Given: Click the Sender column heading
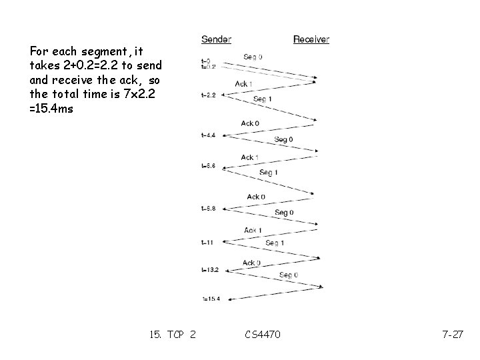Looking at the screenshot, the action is pyautogui.click(x=216, y=39).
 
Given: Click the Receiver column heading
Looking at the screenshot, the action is pyautogui.click(x=311, y=39).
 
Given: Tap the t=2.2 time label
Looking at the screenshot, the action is pyautogui.click(x=209, y=95).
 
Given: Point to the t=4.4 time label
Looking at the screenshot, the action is pyautogui.click(x=209, y=135).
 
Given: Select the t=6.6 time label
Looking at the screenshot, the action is pyautogui.click(x=209, y=165).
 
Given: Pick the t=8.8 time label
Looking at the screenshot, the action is pyautogui.click(x=209, y=208).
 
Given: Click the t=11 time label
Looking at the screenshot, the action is pyautogui.click(x=207, y=241).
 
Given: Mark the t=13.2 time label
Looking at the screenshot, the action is pyautogui.click(x=210, y=270).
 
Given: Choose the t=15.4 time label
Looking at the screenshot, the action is pyautogui.click(x=210, y=298).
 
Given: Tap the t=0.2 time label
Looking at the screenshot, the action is pyautogui.click(x=208, y=67).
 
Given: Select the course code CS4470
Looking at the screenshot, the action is pyautogui.click(x=263, y=334).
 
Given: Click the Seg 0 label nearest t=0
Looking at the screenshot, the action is pyautogui.click(x=253, y=57).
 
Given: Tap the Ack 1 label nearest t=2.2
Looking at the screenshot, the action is pyautogui.click(x=243, y=84).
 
